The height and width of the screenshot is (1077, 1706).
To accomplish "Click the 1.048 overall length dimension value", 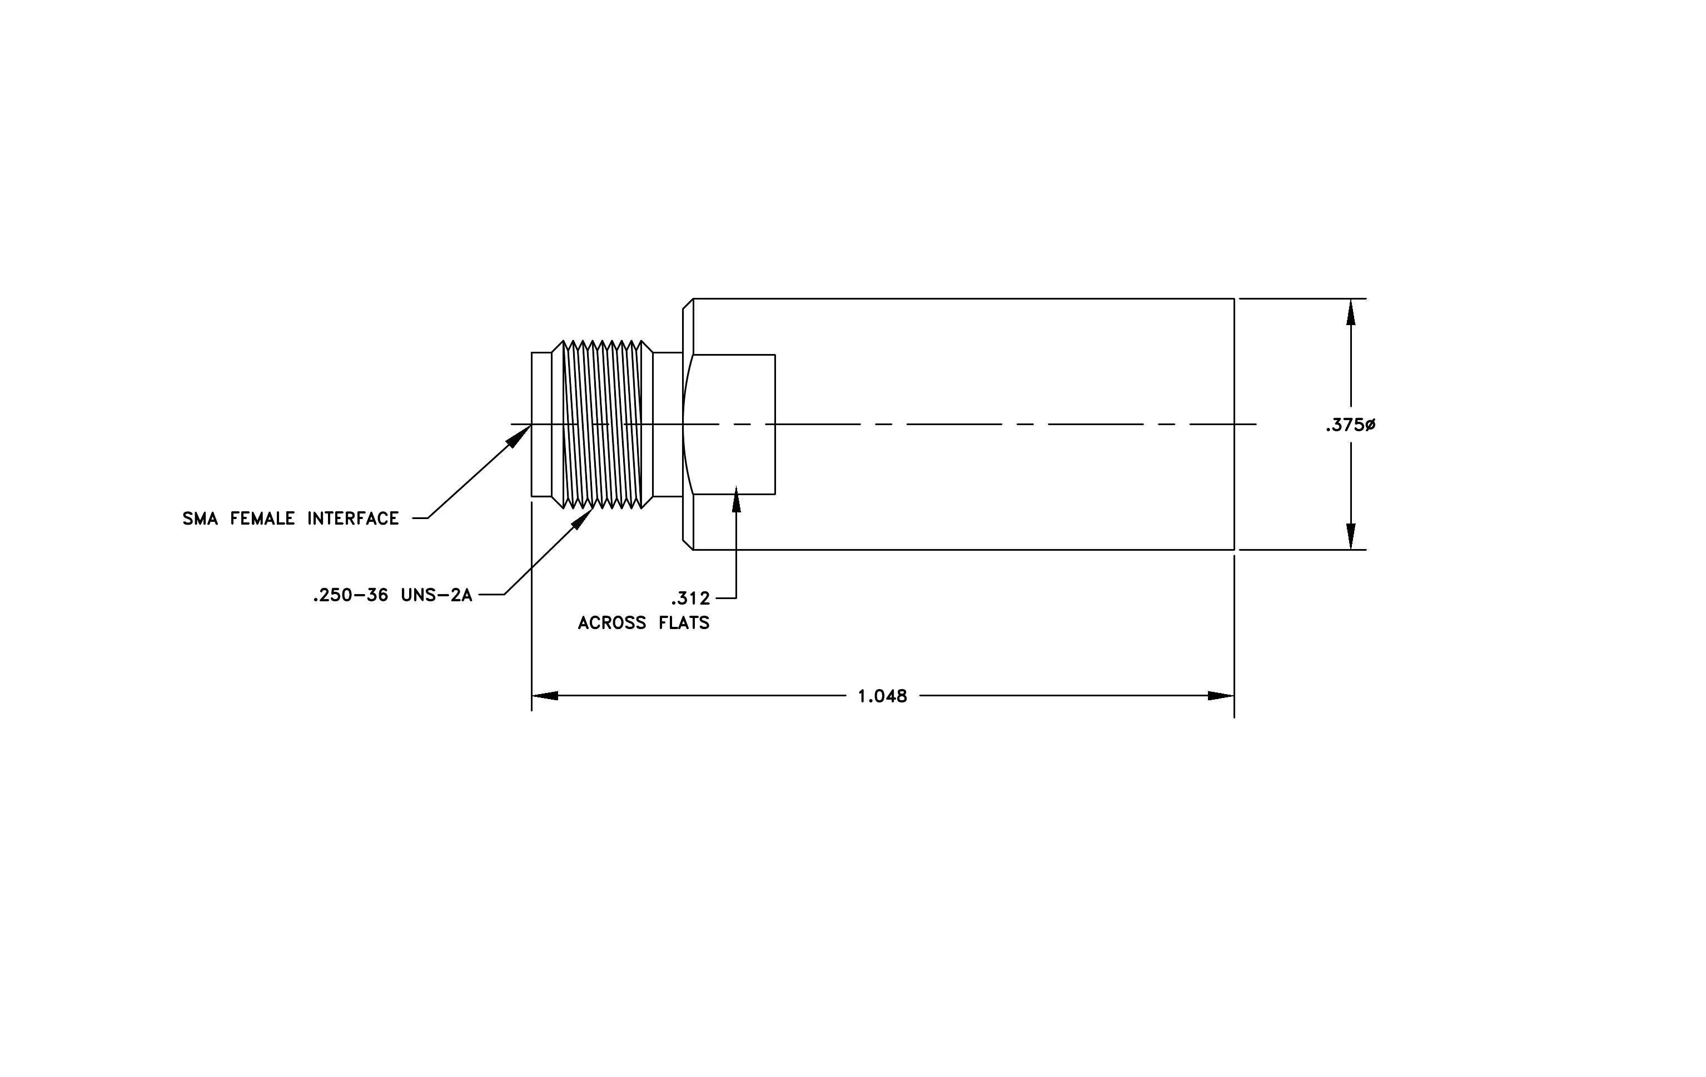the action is (x=882, y=696).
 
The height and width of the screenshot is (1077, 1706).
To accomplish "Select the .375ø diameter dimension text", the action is (x=1350, y=425).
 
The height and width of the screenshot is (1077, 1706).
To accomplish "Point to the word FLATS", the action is (x=681, y=623).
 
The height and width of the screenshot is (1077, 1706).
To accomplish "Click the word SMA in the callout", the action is (x=201, y=519).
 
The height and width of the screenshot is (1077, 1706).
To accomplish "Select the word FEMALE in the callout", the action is (x=262, y=519).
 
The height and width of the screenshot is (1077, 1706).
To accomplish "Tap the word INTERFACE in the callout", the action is (x=353, y=519).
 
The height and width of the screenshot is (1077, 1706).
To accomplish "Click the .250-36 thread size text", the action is (x=350, y=596).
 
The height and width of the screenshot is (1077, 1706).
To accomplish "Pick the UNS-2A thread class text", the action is (x=436, y=596).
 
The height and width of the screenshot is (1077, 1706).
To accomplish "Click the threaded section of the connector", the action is (x=602, y=424).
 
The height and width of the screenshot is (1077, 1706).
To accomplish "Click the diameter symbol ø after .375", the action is (x=1370, y=425).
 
